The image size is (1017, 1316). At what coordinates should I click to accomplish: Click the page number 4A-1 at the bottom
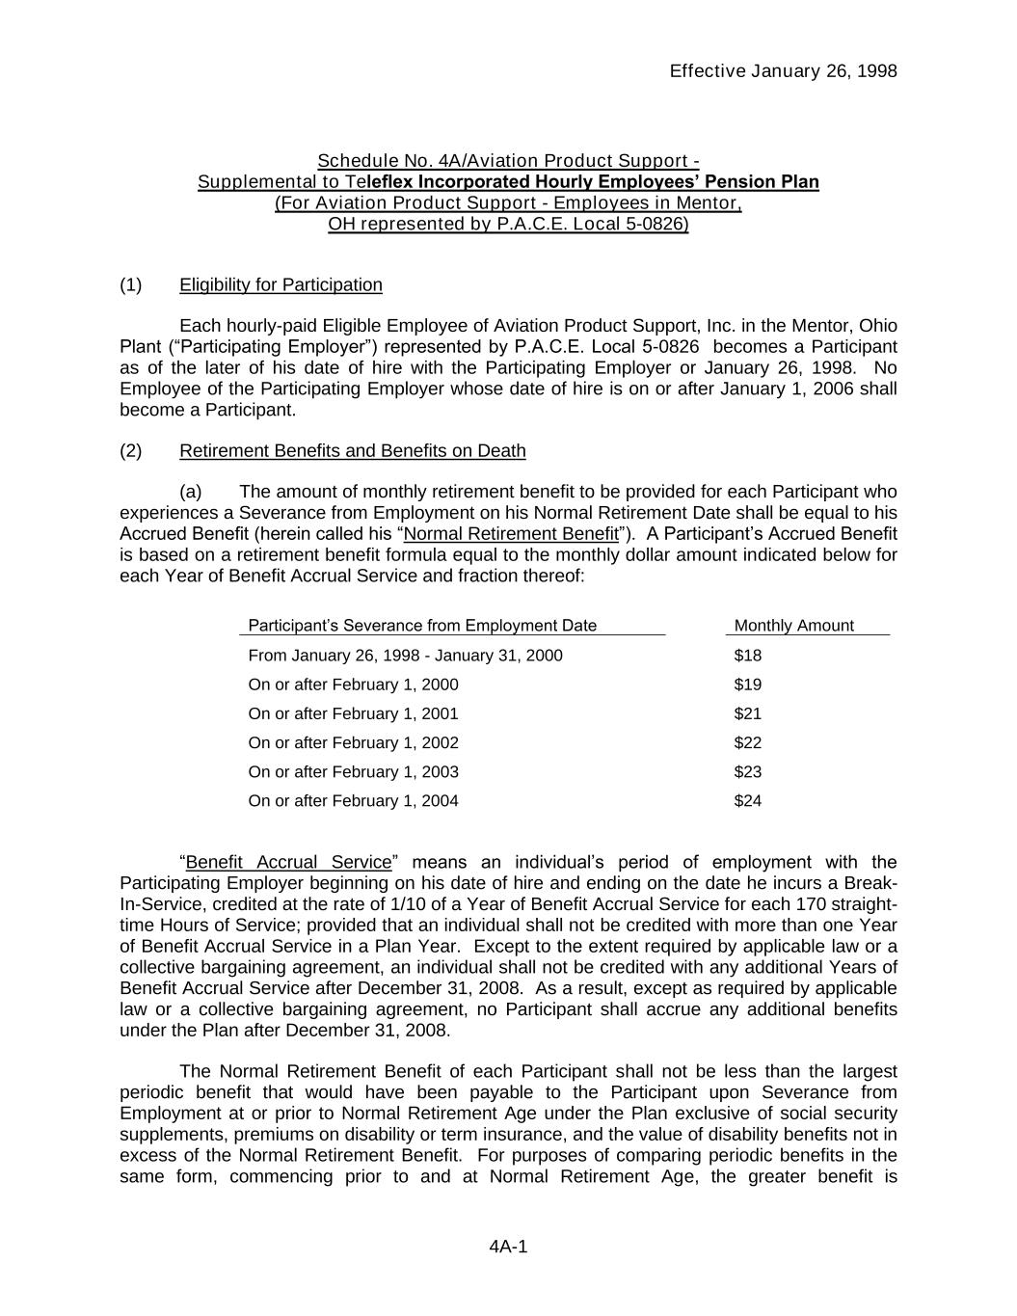[x=508, y=1247]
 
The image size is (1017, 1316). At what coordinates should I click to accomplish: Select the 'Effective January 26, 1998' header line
[x=783, y=70]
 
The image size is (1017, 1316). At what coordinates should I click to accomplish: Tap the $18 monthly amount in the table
[x=747, y=656]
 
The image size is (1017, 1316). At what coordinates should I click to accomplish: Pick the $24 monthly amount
[x=747, y=800]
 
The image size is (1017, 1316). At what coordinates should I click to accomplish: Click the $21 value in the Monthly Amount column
[x=747, y=713]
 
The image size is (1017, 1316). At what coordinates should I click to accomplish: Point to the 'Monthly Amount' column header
[x=793, y=626]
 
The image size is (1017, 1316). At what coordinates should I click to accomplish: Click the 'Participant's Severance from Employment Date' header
[x=422, y=626]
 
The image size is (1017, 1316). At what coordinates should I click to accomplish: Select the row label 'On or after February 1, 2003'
[x=353, y=771]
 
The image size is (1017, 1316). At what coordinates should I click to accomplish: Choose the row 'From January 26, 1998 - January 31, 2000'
[x=405, y=656]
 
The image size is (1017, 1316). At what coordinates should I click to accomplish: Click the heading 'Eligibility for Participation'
[x=281, y=284]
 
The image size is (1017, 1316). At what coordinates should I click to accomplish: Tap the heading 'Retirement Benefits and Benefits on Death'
[x=353, y=450]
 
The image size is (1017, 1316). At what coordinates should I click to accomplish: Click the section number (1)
[x=131, y=284]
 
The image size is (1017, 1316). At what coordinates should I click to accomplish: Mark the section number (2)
[x=131, y=450]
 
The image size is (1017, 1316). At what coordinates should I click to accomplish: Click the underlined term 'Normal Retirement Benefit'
[x=511, y=534]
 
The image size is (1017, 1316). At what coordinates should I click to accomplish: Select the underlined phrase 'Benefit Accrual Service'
[x=289, y=862]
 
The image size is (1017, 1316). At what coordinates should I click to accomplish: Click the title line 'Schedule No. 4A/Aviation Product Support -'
[x=508, y=160]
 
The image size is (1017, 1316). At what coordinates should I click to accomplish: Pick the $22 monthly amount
[x=747, y=742]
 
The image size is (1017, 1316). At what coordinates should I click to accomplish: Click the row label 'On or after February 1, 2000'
[x=353, y=685]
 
